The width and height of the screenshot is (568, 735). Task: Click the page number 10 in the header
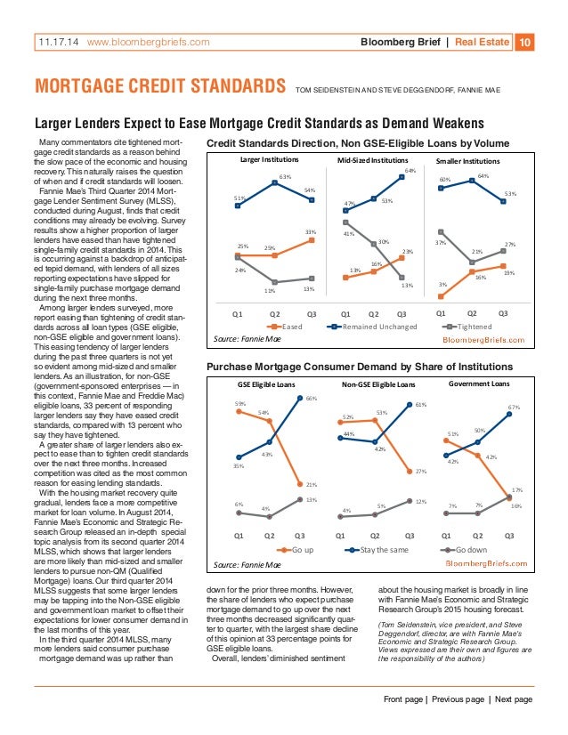tap(525, 41)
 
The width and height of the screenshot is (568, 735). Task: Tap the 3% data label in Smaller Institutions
tap(443, 284)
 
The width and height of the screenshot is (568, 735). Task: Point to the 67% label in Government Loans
tap(514, 407)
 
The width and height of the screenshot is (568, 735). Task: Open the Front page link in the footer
tap(408, 699)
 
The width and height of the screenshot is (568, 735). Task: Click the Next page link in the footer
tap(510, 699)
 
